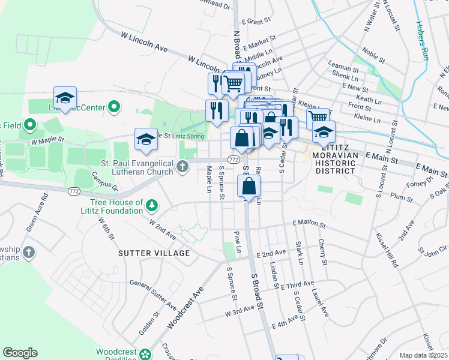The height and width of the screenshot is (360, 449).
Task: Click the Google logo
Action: click(x=20, y=353)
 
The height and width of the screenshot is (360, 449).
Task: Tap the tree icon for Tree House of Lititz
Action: click(x=152, y=206)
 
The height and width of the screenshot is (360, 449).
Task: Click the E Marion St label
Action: click(x=309, y=224)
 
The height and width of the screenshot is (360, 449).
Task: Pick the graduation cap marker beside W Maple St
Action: click(x=146, y=139)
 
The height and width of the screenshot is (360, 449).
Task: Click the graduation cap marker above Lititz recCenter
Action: click(x=65, y=97)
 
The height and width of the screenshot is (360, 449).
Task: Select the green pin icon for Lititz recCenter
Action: click(x=112, y=107)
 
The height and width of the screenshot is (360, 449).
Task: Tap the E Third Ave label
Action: click(x=297, y=284)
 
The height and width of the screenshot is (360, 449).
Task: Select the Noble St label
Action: click(x=373, y=56)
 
